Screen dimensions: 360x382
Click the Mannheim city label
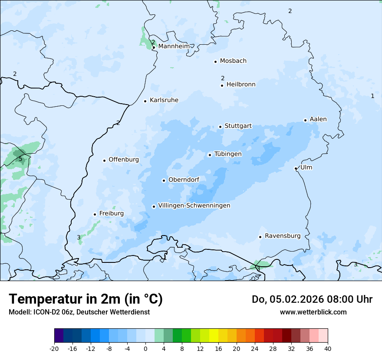[174, 46]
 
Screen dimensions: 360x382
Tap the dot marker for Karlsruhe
[145, 101]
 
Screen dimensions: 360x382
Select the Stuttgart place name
[238, 126]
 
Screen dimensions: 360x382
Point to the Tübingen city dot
[210, 155]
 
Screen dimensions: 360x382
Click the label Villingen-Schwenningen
[194, 206]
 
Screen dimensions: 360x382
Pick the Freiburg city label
[111, 213]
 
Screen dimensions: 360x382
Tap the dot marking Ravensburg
[260, 237]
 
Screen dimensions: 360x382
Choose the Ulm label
[306, 167]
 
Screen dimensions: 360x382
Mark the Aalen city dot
[305, 120]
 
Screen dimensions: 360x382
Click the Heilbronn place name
[241, 85]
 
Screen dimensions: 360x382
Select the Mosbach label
[233, 61]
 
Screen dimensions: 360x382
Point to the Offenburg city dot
[104, 160]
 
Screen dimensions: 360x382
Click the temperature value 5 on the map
[20, 159]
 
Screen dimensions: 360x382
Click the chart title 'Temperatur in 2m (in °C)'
[86, 299]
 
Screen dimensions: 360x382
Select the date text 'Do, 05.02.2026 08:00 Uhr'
[312, 299]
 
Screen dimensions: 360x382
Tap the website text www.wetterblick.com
[313, 312]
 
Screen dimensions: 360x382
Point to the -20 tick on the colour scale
[54, 349]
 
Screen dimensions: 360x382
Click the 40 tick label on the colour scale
[328, 349]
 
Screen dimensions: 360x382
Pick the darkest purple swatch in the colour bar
[59, 336]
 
